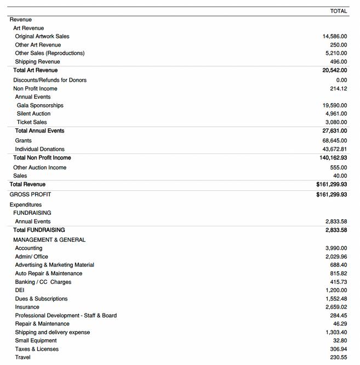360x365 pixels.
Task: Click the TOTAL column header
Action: (x=338, y=11)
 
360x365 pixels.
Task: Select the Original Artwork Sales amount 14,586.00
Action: (x=335, y=36)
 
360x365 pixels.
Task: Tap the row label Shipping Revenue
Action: (x=38, y=61)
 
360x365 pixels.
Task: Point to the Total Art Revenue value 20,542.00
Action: (x=335, y=70)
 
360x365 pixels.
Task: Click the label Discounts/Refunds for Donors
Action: (x=50, y=80)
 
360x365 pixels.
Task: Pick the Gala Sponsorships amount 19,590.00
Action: (x=335, y=105)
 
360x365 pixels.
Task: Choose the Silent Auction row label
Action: (x=33, y=113)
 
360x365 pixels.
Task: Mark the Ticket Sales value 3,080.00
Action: (x=336, y=122)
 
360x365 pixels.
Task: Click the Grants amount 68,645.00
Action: (x=335, y=141)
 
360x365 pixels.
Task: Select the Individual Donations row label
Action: (x=40, y=149)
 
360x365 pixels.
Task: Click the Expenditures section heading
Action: (x=26, y=205)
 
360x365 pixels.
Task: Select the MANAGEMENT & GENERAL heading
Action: (x=49, y=240)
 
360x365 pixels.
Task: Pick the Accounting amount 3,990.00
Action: (x=336, y=248)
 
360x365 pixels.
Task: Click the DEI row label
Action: (x=20, y=290)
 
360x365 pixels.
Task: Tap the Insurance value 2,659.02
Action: (x=336, y=307)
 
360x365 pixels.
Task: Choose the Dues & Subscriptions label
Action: (x=42, y=299)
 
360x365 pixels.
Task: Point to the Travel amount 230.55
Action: (x=338, y=357)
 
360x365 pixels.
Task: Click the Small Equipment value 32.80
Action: (x=340, y=341)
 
